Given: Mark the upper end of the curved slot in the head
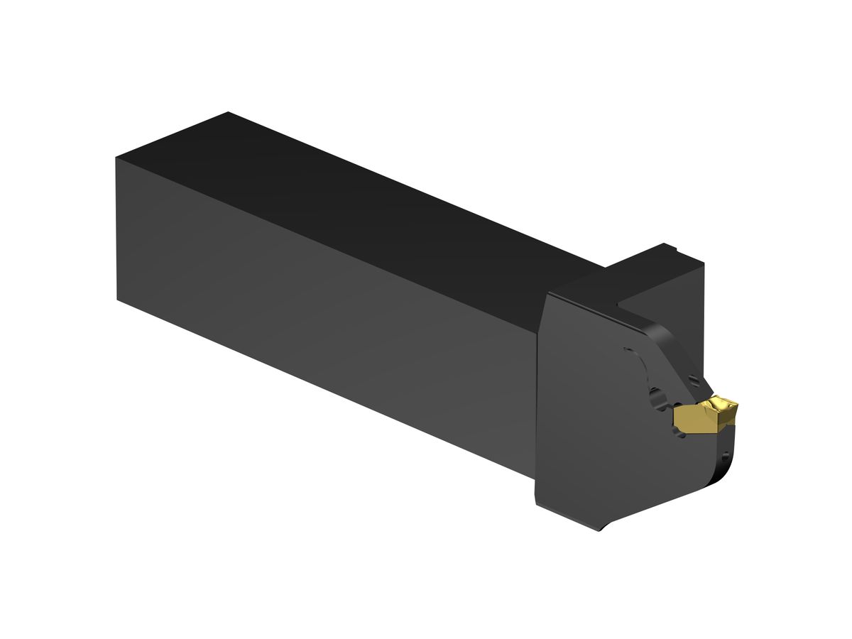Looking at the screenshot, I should click(x=626, y=350).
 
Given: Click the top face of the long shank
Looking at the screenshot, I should click(x=355, y=192).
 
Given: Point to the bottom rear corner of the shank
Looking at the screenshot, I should click(x=117, y=298).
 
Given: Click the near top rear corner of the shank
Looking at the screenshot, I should click(x=116, y=158).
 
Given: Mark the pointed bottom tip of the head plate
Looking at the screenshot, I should click(x=602, y=531).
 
